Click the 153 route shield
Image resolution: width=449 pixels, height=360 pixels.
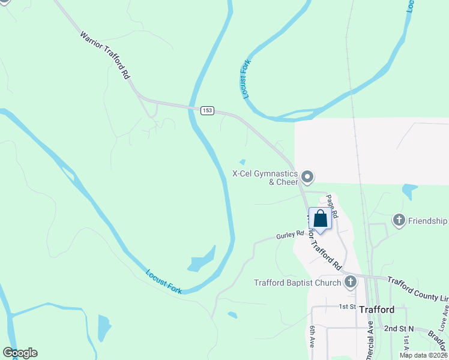(207, 110)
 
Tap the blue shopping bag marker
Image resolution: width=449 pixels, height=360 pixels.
(320, 219)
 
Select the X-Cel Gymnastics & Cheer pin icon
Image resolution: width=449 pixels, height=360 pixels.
(308, 176)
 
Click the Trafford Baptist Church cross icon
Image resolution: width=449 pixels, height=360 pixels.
(350, 282)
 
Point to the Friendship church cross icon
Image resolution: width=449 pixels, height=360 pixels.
(399, 220)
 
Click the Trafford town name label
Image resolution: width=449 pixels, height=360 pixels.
(377, 310)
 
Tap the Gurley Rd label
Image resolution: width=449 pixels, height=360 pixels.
(291, 236)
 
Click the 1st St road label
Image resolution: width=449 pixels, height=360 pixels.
(348, 307)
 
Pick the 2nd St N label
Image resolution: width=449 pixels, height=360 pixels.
(400, 329)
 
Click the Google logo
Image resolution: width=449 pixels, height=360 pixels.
(20, 353)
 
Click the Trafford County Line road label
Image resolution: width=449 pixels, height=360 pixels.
(418, 290)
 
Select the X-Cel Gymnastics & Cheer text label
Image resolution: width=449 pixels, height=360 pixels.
(266, 178)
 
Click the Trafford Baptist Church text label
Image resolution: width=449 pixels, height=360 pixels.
(297, 283)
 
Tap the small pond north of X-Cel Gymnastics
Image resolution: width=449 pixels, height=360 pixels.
(243, 161)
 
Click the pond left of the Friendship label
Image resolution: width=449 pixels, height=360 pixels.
(410, 191)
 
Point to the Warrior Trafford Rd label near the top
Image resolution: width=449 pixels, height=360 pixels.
(106, 56)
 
